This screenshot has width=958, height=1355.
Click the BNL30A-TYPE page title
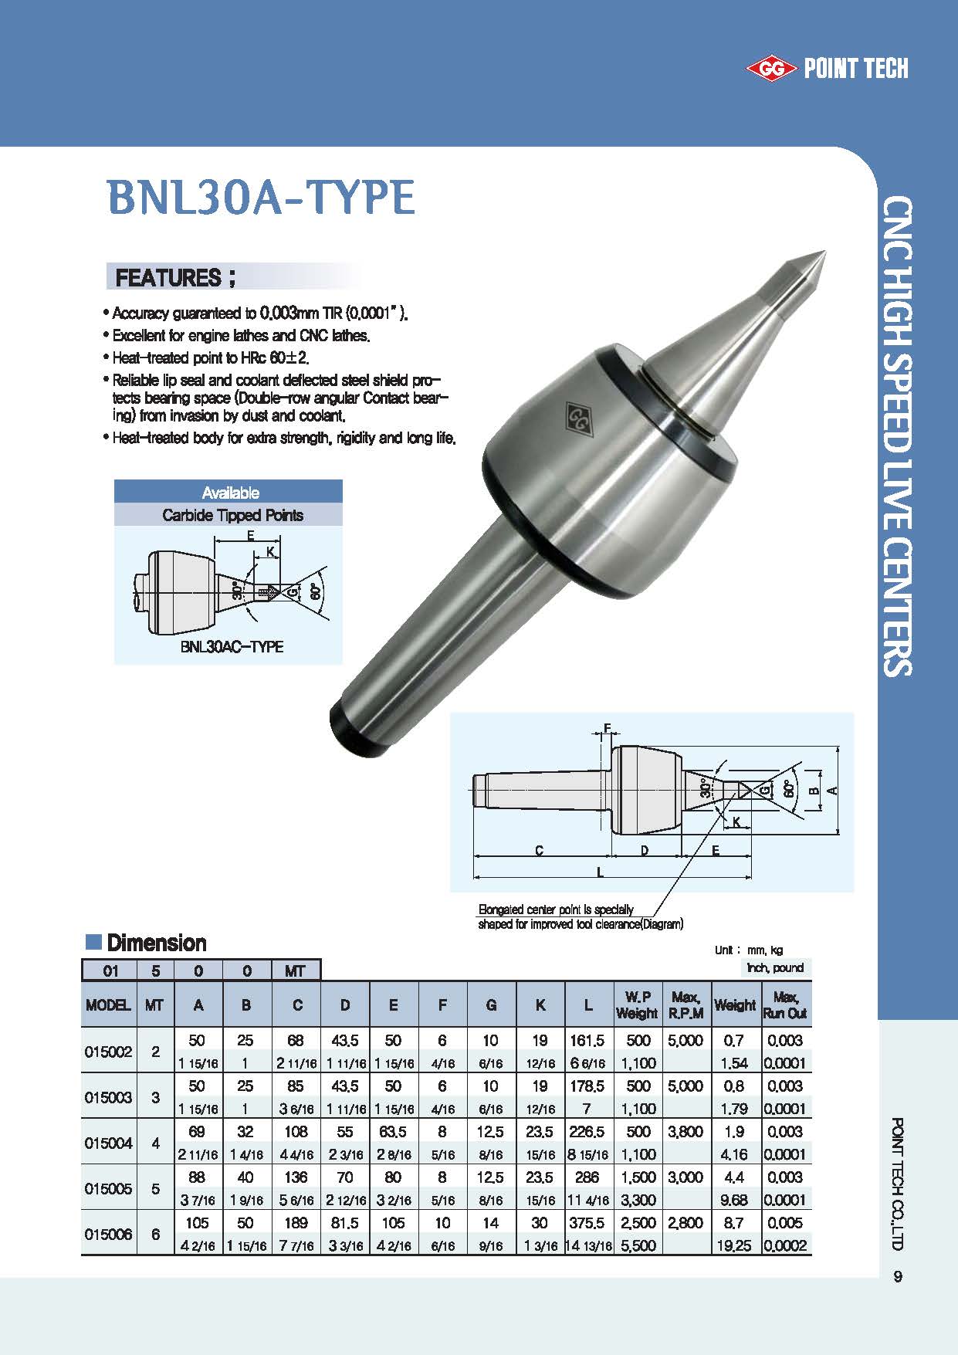pos(261,198)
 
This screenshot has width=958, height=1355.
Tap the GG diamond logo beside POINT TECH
pos(770,69)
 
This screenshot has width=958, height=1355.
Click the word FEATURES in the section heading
pos(168,277)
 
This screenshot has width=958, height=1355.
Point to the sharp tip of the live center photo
pos(824,252)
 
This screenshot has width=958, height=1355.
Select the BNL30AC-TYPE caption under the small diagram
pos(232,646)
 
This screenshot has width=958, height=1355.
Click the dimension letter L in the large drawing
pos(601,872)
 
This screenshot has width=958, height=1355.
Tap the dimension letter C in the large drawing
pos(539,850)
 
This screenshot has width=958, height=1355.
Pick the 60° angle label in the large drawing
pos(787,789)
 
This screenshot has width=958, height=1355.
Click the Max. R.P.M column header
pos(685,1005)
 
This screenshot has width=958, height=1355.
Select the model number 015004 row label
pos(108,1143)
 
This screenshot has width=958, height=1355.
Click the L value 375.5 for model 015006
pos(588,1223)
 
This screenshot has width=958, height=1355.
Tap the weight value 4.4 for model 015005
pos(734,1177)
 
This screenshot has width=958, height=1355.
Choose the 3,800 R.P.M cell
pos(685,1132)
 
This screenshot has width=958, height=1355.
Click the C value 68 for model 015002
pos(296,1040)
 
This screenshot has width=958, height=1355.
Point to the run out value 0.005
pos(785,1223)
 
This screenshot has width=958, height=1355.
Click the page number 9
pos(897,1276)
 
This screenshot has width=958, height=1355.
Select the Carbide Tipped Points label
pos(232,515)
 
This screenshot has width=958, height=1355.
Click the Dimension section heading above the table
pos(156,943)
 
